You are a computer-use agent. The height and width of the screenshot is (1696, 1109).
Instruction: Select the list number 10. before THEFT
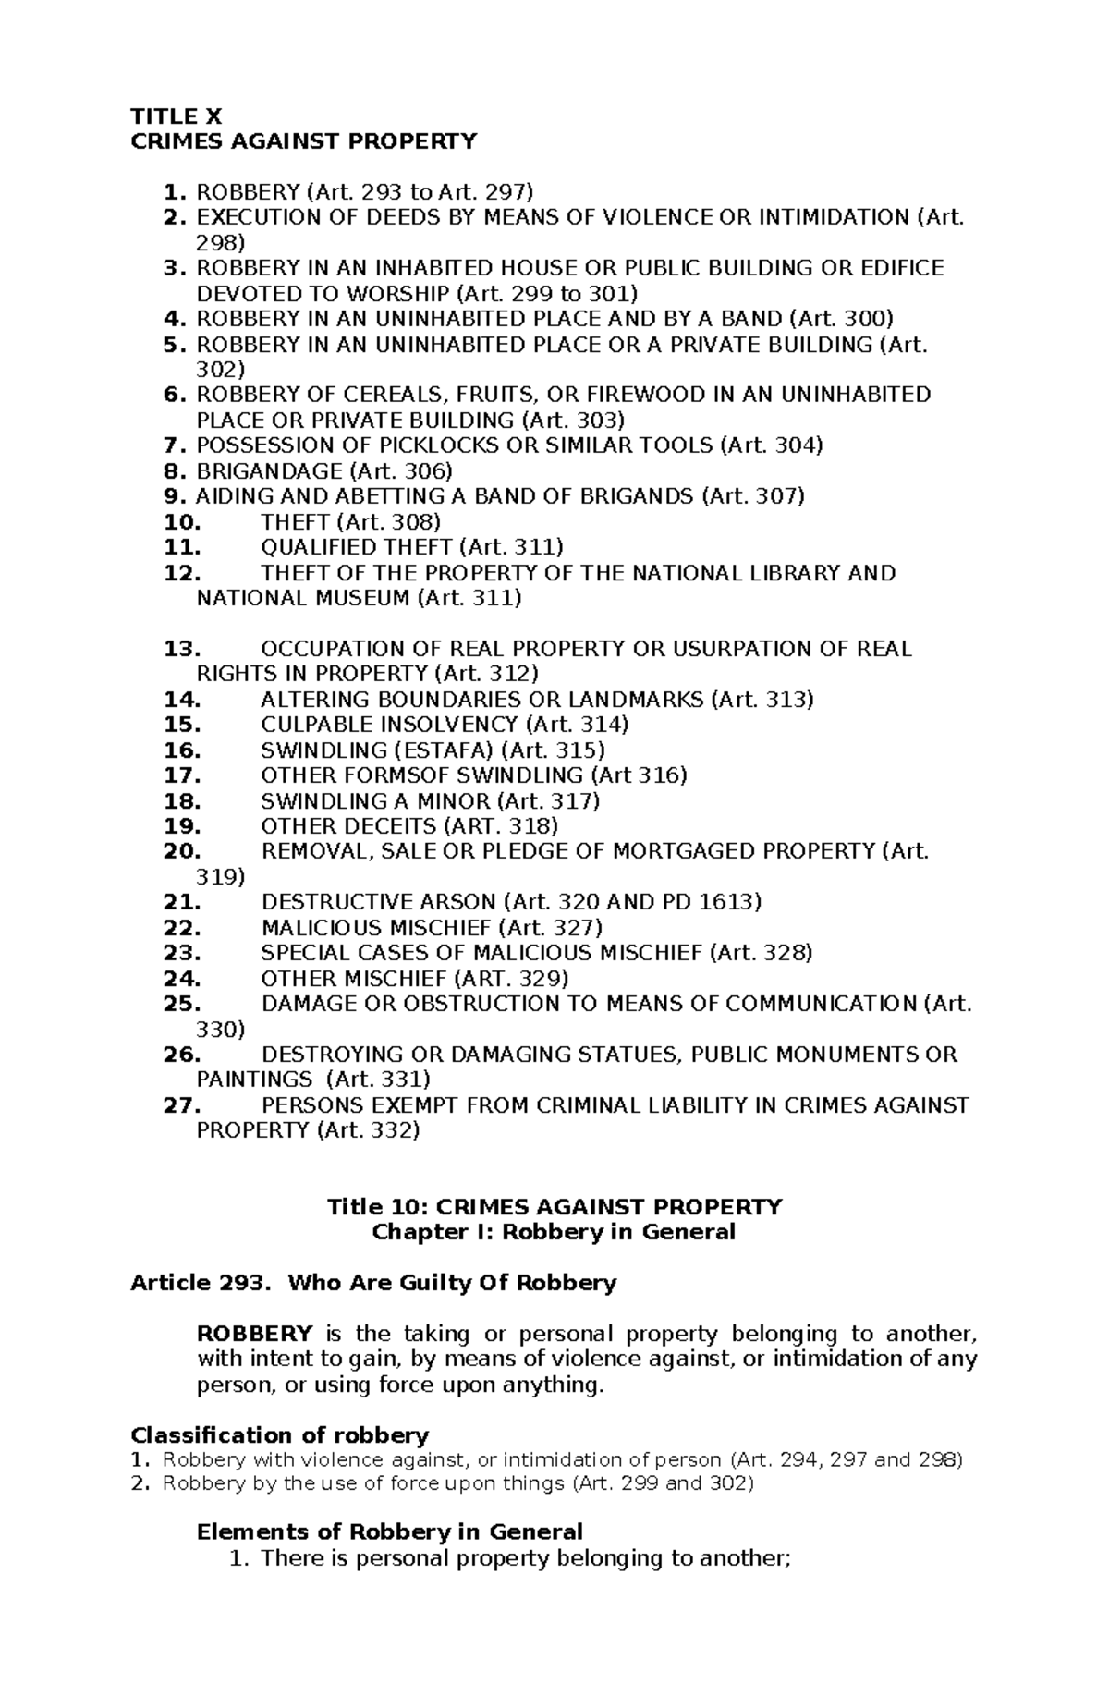coord(182,522)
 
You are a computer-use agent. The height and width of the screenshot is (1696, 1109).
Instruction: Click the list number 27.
coord(182,1105)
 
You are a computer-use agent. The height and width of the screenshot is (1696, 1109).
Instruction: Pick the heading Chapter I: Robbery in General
coord(553,1232)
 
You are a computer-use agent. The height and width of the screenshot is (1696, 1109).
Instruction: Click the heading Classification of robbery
coord(280,1435)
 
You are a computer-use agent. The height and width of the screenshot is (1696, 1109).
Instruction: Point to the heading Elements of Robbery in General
coord(390,1531)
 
